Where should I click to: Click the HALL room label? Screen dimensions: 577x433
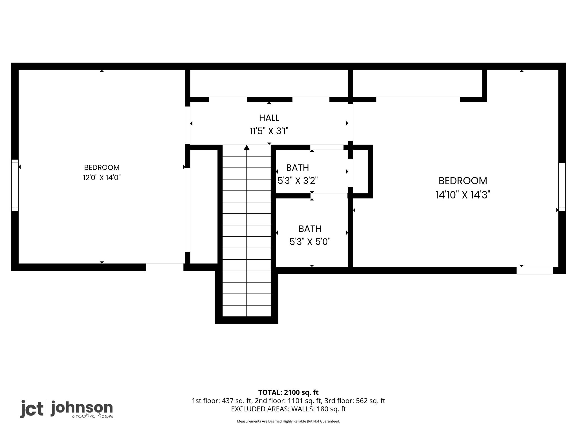click(269, 118)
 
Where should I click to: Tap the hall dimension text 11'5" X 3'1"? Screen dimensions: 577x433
click(269, 131)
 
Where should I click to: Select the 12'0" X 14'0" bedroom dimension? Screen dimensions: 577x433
click(102, 178)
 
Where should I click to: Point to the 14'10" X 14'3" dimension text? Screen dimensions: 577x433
click(463, 195)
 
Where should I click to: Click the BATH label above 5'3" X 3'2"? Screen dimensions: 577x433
click(298, 168)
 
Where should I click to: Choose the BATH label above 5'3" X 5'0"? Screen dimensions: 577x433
click(310, 229)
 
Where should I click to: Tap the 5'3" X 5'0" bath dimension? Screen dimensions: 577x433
click(310, 242)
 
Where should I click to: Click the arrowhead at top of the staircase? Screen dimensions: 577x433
click(247, 147)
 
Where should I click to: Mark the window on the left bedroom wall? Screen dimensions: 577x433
click(15, 185)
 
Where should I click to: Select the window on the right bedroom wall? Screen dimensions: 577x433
click(562, 187)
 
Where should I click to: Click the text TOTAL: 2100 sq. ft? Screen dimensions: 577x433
click(288, 392)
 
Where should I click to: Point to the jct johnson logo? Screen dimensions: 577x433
click(67, 409)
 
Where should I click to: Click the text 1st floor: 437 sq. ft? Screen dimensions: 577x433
click(222, 401)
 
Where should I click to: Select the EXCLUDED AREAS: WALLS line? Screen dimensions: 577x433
click(288, 409)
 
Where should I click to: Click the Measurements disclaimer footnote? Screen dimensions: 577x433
click(288, 421)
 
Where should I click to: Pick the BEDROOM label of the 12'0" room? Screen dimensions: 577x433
click(102, 167)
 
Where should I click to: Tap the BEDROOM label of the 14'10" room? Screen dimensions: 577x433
click(463, 181)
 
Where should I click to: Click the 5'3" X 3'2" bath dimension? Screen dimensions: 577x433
click(298, 181)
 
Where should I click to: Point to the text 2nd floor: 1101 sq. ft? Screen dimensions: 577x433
click(288, 401)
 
